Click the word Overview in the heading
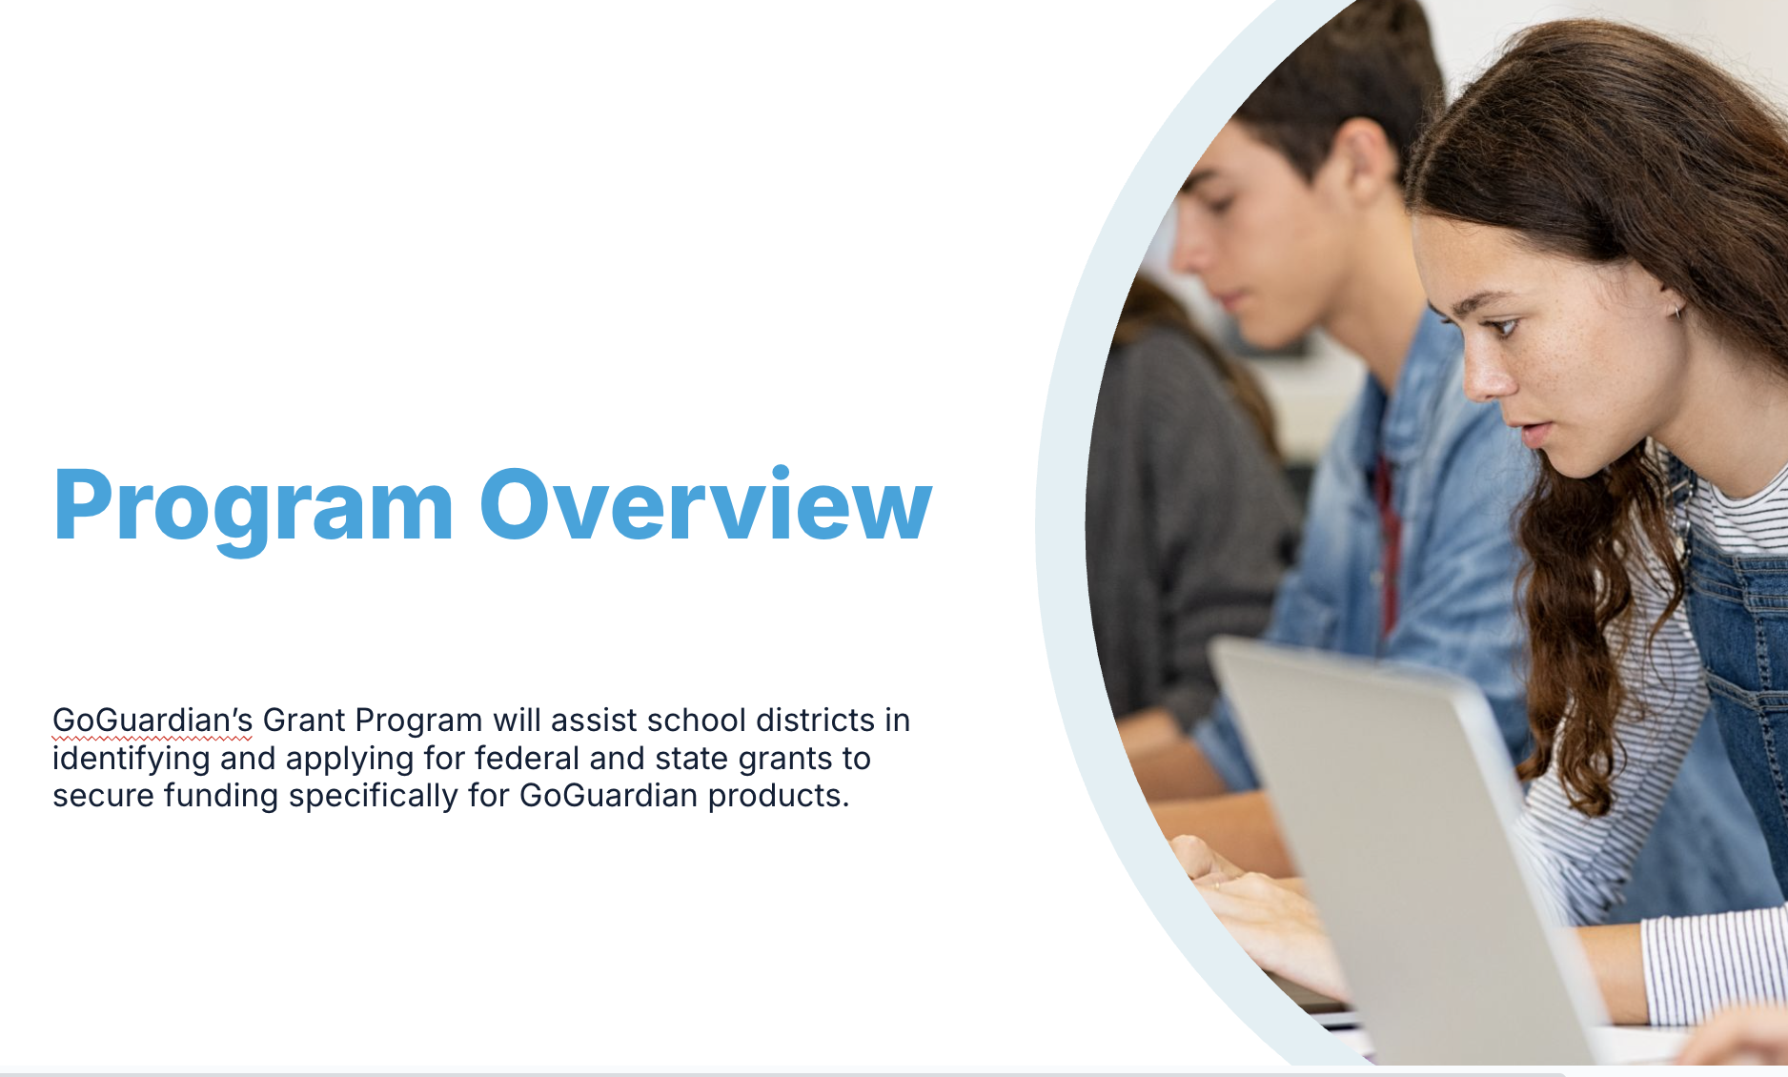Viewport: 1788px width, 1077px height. click(705, 504)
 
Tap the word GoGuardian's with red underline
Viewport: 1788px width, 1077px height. click(152, 721)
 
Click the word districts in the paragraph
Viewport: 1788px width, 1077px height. click(815, 721)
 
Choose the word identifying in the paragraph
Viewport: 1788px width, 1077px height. click(132, 760)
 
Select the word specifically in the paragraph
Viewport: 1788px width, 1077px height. click(374, 797)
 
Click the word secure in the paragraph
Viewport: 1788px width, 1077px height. click(103, 796)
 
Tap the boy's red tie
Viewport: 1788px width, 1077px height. click(1387, 543)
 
